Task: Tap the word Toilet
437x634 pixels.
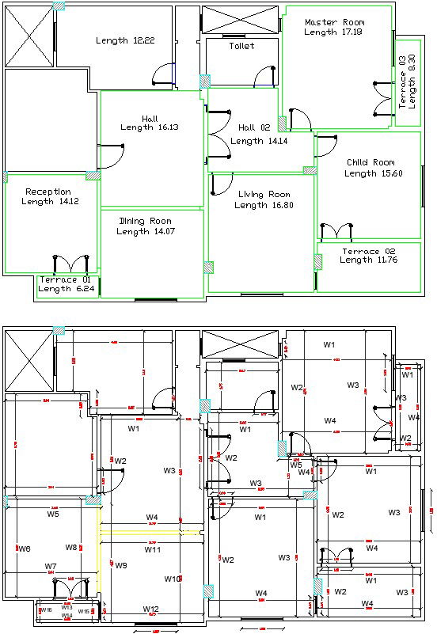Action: [x=241, y=47]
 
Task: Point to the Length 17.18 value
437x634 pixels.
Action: [x=333, y=32]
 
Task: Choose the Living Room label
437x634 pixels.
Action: [x=262, y=194]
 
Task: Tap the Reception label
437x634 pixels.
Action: [x=48, y=192]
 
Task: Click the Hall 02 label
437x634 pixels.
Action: [x=254, y=127]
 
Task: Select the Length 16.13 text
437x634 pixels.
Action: [x=150, y=127]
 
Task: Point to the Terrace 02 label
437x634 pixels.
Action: [x=367, y=251]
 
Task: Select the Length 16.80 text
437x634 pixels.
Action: [x=262, y=205]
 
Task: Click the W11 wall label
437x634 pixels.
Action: [x=152, y=549]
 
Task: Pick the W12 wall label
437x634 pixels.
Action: [x=151, y=609]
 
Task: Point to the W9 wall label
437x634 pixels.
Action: [x=121, y=565]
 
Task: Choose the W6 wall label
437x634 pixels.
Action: [x=25, y=549]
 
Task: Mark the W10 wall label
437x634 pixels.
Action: [x=173, y=579]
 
